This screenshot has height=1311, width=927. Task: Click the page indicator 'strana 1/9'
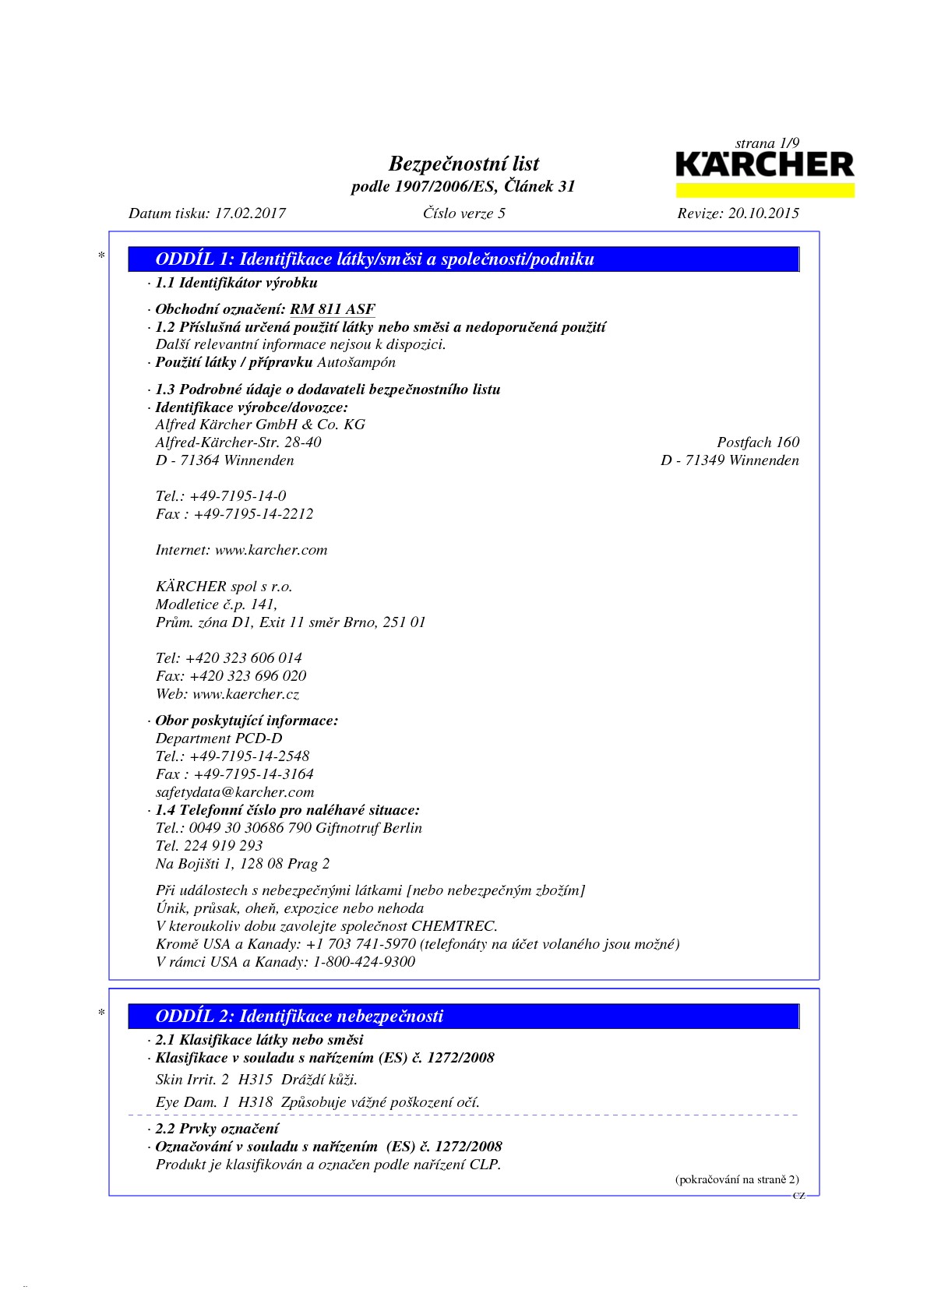[x=767, y=143]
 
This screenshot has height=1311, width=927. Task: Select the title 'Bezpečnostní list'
[x=463, y=164]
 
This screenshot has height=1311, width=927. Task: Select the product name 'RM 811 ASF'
[x=333, y=309]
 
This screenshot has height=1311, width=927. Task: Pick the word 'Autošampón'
[x=357, y=362]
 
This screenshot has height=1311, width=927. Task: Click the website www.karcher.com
[x=271, y=550]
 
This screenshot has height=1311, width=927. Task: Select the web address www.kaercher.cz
[x=245, y=694]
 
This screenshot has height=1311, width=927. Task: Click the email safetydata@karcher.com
[x=234, y=792]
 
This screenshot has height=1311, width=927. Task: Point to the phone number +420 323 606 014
[x=244, y=658]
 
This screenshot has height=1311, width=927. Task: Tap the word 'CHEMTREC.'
[x=454, y=926]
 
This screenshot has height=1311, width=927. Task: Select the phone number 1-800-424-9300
[x=364, y=962]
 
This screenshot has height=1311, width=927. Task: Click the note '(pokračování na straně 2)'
[x=736, y=1179]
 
